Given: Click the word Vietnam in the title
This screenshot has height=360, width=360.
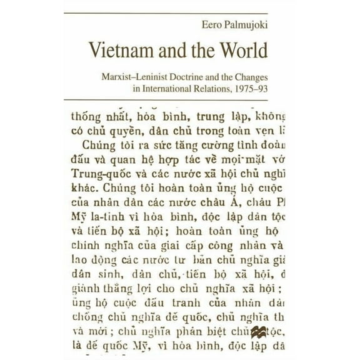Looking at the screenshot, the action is [x=119, y=51].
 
